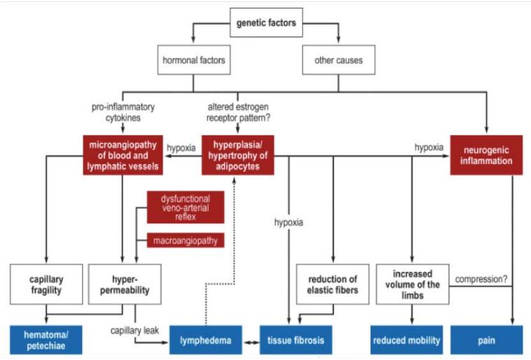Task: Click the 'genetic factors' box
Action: click(266, 23)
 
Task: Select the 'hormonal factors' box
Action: click(194, 61)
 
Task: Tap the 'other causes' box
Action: click(338, 61)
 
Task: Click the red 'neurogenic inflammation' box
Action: click(486, 155)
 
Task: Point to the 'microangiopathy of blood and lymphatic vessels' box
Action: click(123, 155)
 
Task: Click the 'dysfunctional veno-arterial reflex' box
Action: click(186, 208)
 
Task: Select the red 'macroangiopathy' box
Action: click(186, 241)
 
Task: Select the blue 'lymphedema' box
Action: click(207, 340)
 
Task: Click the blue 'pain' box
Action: click(486, 340)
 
